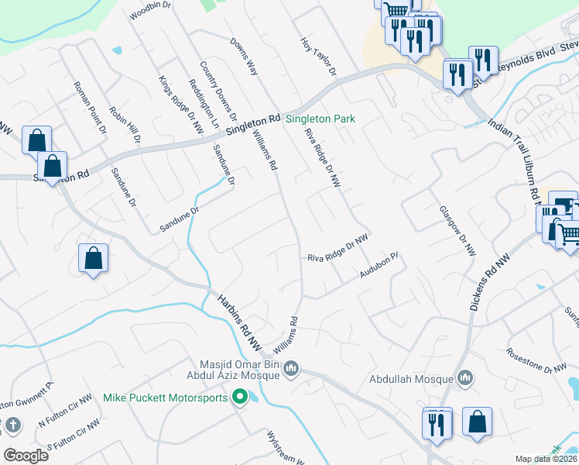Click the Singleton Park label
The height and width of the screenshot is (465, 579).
pos(320,119)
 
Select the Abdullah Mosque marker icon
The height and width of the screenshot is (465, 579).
pos(465,378)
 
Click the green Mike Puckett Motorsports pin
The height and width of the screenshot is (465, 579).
pos(240,398)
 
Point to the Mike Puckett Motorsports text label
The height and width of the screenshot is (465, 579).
pos(166,398)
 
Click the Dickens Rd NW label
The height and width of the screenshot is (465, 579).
pos(487,276)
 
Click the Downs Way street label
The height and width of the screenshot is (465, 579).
pos(243,57)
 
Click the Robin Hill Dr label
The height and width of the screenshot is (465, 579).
pos(125,126)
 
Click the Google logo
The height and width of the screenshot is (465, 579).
pos(26,455)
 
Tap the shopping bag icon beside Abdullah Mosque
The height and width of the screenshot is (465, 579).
pos(478,422)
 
